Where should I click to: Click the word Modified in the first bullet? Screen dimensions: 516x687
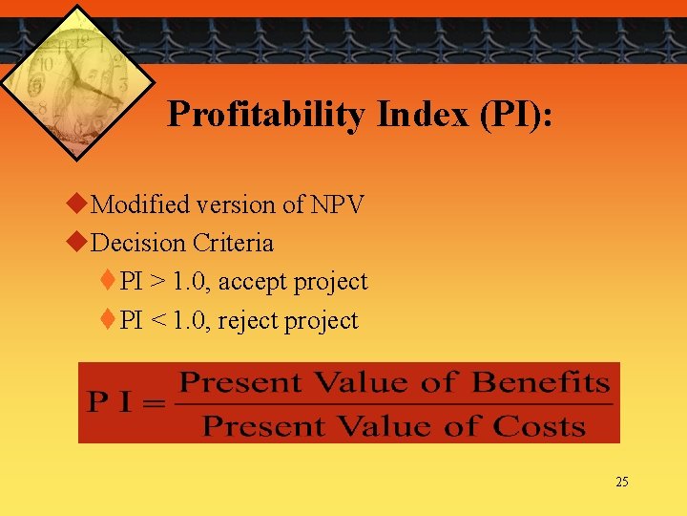(143, 204)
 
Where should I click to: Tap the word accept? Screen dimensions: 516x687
(251, 282)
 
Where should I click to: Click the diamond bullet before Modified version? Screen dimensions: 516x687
(80, 204)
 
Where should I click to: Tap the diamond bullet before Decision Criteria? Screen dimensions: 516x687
(80, 243)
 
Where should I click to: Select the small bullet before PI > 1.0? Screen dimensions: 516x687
(110, 281)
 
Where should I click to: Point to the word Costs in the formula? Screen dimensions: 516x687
(539, 425)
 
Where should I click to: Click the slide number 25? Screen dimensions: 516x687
(622, 482)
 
